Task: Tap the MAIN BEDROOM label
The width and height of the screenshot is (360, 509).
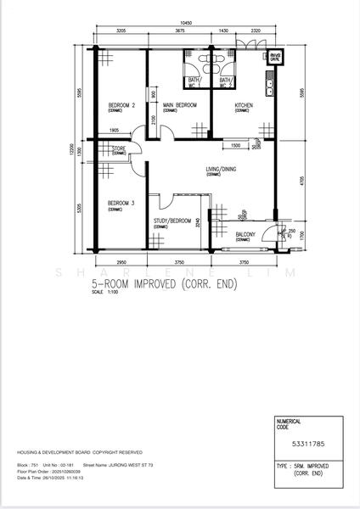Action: tap(180, 105)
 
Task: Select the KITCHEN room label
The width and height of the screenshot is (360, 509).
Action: tap(244, 105)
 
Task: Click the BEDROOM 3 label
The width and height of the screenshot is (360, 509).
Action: tap(121, 204)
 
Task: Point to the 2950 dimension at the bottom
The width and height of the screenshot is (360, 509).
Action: tap(121, 262)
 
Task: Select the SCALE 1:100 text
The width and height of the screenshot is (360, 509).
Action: tap(104, 297)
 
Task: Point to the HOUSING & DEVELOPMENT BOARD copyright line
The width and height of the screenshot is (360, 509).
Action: tap(80, 453)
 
